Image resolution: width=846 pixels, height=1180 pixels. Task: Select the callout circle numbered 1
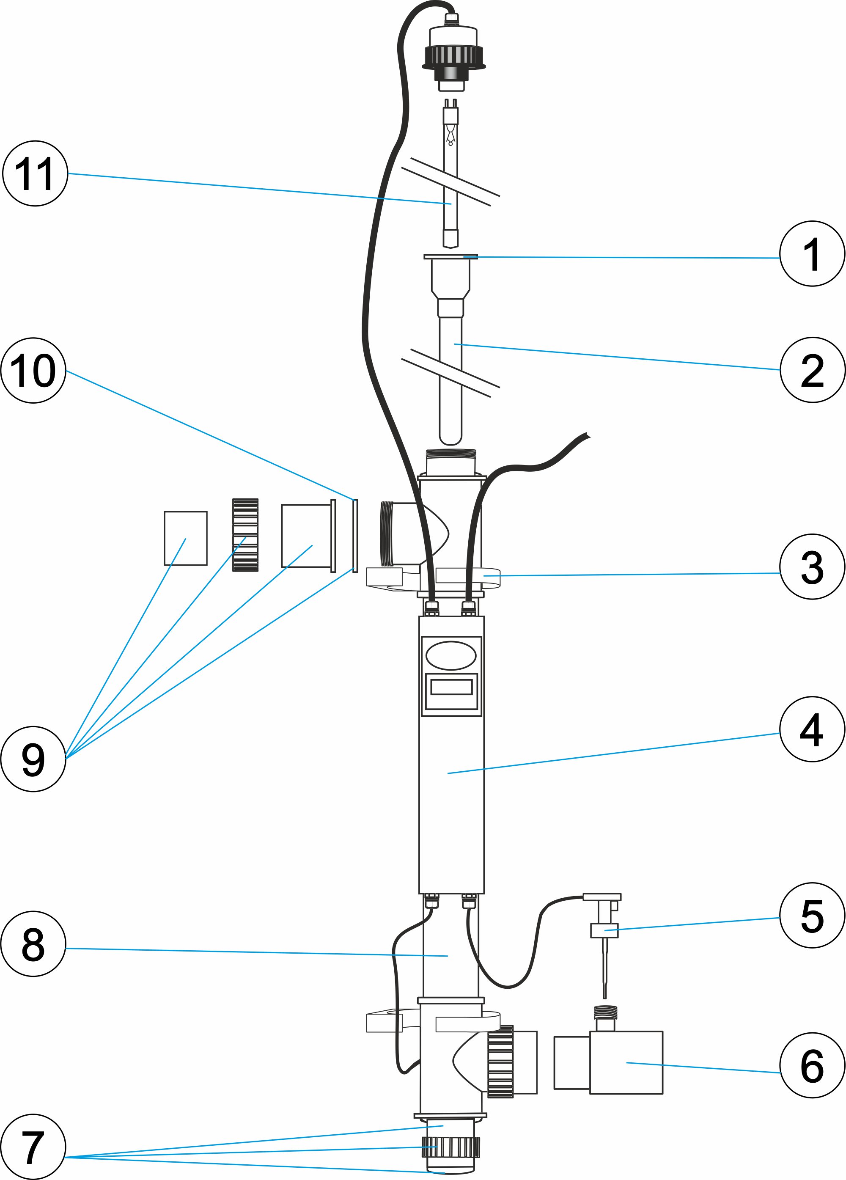click(812, 254)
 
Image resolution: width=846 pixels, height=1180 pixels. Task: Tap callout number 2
click(812, 370)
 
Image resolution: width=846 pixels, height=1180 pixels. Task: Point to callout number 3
click(812, 567)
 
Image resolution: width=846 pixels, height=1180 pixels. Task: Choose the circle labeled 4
click(812, 729)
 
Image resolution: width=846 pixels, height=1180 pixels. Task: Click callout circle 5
click(812, 915)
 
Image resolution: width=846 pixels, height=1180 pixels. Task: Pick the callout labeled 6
click(812, 1065)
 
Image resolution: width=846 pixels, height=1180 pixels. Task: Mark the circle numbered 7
click(33, 1146)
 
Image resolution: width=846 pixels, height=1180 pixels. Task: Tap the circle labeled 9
click(33, 759)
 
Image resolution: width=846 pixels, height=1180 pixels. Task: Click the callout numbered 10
click(33, 371)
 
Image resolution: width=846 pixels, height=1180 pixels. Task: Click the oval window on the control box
click(450, 655)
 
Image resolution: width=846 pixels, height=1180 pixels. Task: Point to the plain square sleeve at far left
click(185, 538)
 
